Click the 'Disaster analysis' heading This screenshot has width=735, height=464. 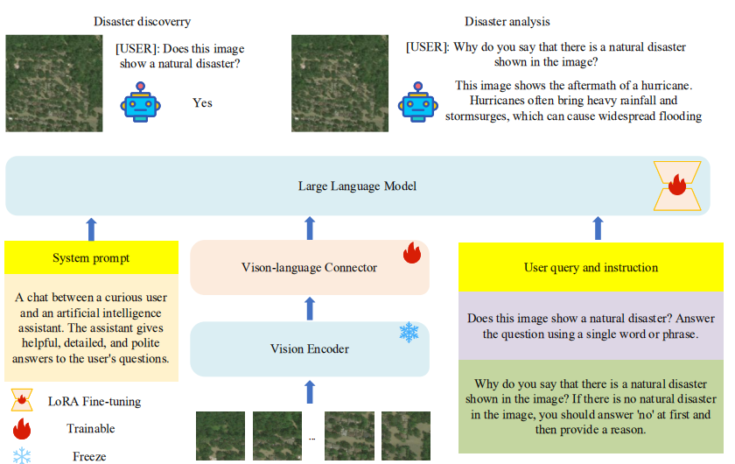pos(507,21)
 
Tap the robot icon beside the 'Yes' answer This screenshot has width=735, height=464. pos(142,102)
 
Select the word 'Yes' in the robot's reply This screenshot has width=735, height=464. pos(202,102)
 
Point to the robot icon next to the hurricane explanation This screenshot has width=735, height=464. pos(417,102)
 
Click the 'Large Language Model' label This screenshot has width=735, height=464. pos(357,186)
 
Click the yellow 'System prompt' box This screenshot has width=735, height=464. pos(91,257)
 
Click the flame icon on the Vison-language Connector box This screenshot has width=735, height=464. pos(412,254)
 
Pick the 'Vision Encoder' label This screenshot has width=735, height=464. pos(309,349)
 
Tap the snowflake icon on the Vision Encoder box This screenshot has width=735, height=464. pos(409,333)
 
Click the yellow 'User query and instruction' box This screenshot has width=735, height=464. pos(591,267)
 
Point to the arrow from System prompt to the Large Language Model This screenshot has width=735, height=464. pos(91,229)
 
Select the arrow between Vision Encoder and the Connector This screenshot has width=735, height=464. pos(309,308)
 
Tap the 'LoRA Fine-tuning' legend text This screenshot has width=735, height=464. pos(94,402)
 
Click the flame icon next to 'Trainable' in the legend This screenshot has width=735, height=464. pos(23,429)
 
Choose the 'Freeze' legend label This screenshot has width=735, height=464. pos(89,455)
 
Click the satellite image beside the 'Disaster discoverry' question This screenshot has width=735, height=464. pos(54,83)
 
